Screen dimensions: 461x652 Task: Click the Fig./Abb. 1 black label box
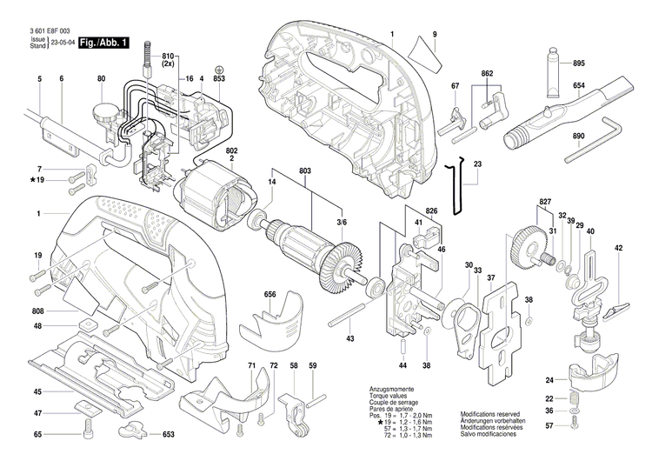click(103, 43)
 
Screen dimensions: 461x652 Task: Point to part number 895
click(579, 62)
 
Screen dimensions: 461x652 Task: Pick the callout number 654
click(579, 87)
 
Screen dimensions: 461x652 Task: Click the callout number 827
click(545, 202)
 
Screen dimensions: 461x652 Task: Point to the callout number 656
click(270, 295)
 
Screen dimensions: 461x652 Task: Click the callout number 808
click(38, 311)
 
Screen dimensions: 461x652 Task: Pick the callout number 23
click(477, 164)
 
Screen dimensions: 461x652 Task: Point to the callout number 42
click(619, 249)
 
